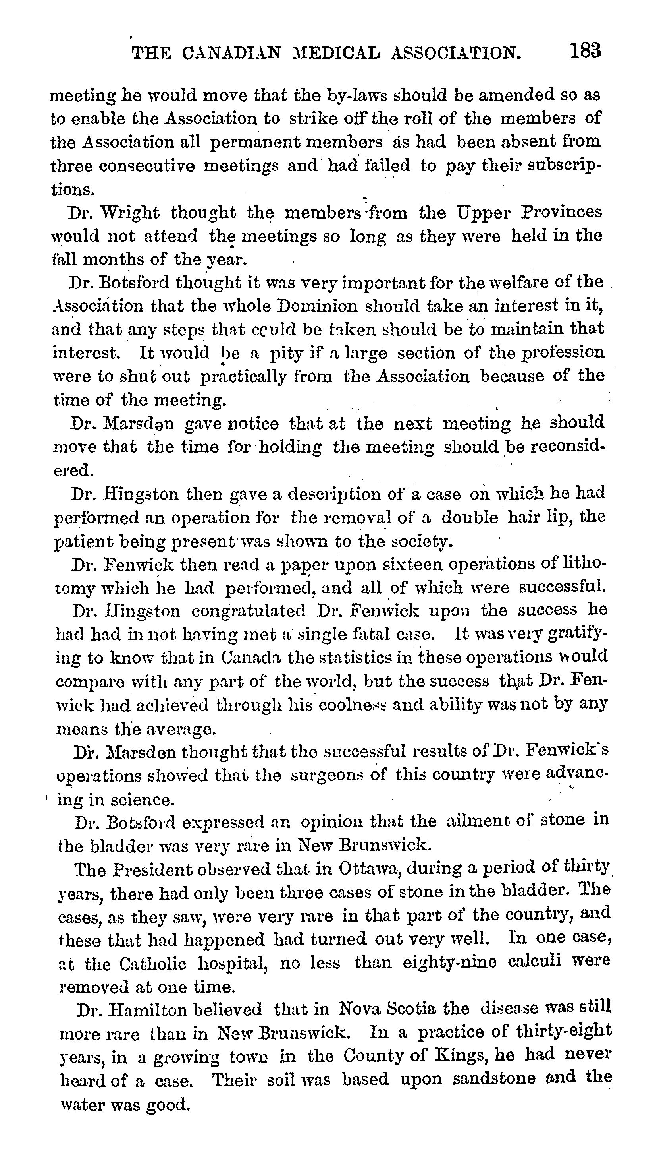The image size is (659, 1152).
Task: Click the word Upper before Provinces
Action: click(x=488, y=213)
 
